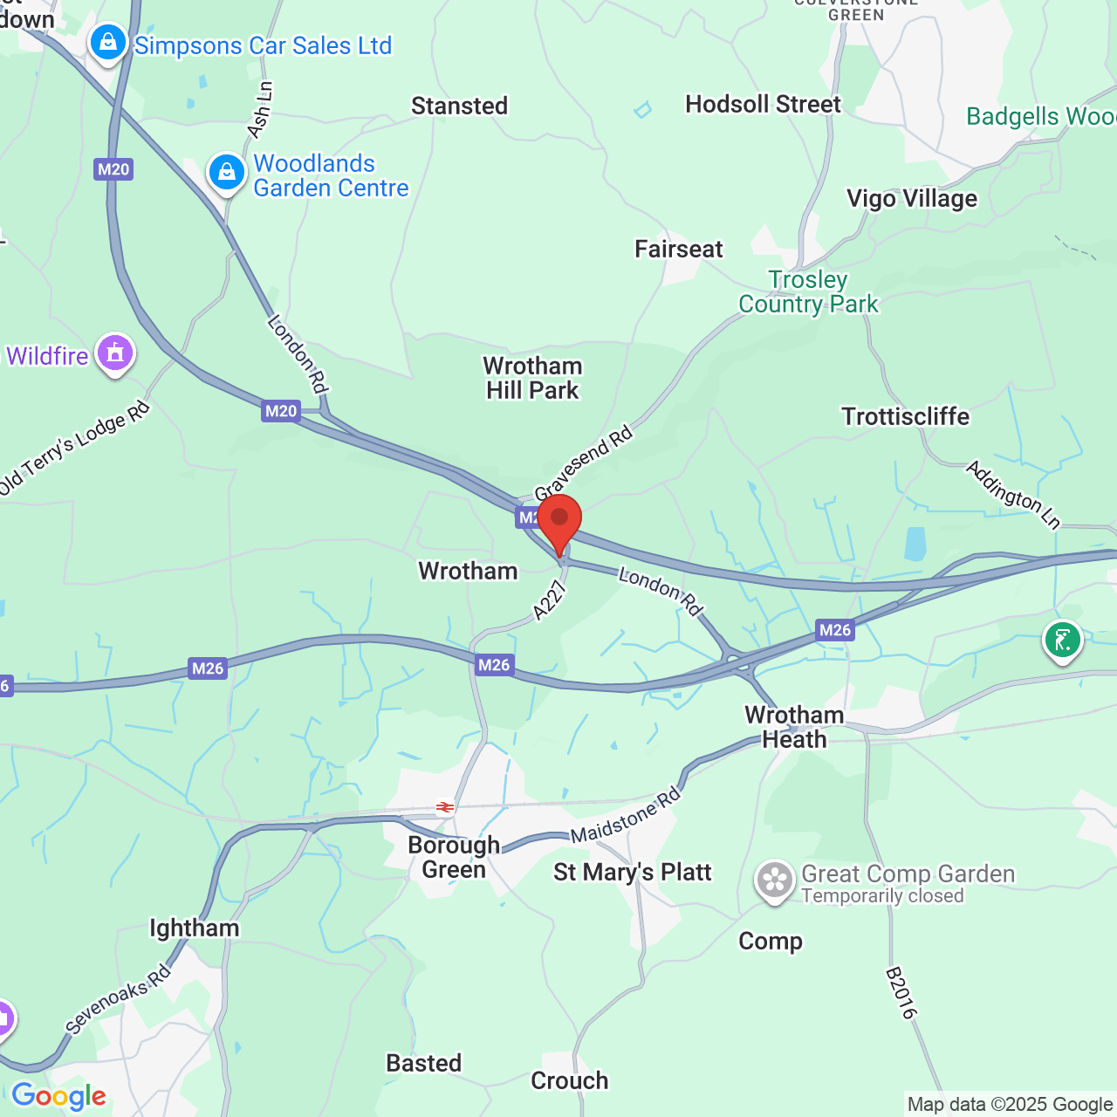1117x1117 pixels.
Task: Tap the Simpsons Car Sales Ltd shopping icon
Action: pos(108,43)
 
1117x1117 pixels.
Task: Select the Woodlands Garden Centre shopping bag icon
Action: pos(226,172)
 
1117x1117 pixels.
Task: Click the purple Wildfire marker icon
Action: pos(115,353)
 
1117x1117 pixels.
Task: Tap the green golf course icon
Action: pos(1062,641)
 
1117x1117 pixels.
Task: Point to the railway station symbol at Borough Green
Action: pos(445,807)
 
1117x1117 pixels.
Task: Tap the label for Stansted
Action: pos(459,106)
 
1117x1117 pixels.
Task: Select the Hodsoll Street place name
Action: pos(763,105)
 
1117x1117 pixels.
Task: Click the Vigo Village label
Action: pos(912,199)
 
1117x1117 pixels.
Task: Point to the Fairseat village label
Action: pos(678,250)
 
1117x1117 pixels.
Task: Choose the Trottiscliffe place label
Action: pos(905,416)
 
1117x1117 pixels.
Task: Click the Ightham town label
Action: pos(194,928)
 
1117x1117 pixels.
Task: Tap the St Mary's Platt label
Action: pos(632,872)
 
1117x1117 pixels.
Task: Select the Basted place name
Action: pos(423,1063)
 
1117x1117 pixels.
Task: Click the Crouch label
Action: pos(569,1080)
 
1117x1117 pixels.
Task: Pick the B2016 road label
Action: pos(901,992)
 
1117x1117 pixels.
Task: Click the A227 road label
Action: pos(550,601)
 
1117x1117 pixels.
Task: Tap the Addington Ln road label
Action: pos(1013,495)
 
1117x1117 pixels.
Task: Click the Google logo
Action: pos(58,1096)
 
